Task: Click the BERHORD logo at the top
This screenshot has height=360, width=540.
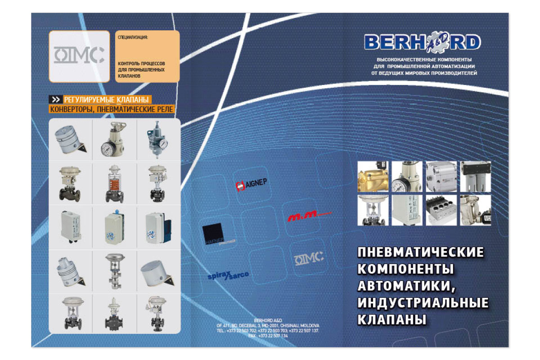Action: (x=422, y=43)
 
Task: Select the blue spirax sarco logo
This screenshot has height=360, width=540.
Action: (x=228, y=275)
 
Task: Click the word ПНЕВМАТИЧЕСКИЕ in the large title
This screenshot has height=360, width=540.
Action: (x=420, y=252)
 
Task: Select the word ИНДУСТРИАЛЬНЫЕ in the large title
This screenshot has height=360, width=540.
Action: (x=423, y=303)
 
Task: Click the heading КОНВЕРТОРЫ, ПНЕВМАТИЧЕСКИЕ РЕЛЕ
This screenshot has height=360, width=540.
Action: (x=111, y=109)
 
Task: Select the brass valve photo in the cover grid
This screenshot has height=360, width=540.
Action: (x=373, y=176)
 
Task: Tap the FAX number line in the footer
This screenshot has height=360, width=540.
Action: (x=268, y=336)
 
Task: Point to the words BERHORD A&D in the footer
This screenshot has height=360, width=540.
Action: (x=268, y=319)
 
